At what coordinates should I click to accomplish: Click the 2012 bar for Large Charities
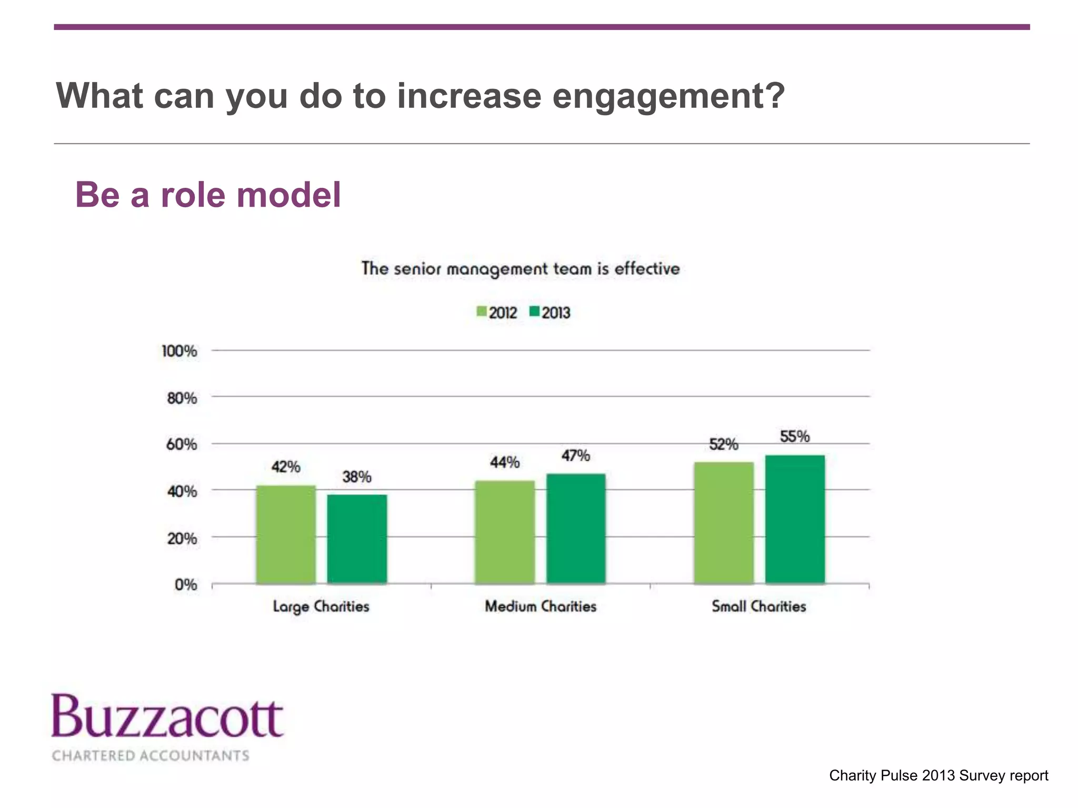tap(286, 534)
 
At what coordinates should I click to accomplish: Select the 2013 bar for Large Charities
tap(357, 539)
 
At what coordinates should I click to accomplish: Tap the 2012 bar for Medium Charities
tap(505, 531)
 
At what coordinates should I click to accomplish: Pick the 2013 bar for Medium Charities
tap(576, 528)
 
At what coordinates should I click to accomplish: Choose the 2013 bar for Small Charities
tap(795, 519)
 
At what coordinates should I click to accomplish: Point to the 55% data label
tap(794, 437)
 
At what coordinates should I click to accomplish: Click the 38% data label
tap(356, 477)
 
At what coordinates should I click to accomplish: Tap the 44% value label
tap(504, 462)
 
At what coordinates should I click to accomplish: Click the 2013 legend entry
tap(550, 312)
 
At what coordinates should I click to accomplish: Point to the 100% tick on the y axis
tap(179, 351)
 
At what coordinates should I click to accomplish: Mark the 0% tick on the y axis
tap(185, 584)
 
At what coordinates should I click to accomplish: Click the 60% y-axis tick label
tap(181, 445)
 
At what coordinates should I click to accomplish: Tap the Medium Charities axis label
tap(540, 607)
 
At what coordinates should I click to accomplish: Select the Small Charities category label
tap(758, 607)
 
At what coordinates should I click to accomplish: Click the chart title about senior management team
tap(520, 269)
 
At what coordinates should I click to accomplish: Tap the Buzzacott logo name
tap(167, 717)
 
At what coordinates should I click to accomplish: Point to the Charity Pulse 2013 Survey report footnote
tap(938, 775)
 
